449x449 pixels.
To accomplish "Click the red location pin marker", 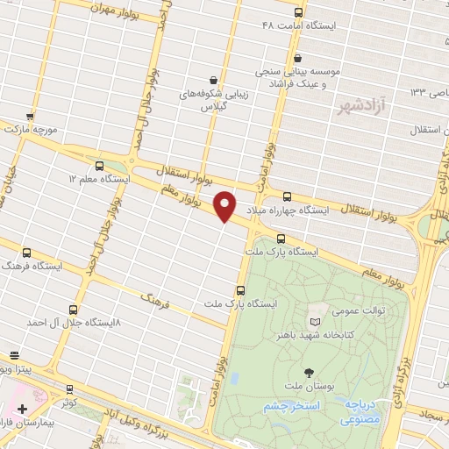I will (225, 205).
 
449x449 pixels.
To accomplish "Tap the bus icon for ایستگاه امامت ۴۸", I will (298, 12).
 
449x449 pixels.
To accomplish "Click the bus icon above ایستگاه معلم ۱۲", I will (98, 165).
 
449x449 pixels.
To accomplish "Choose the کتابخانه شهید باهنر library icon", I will (314, 323).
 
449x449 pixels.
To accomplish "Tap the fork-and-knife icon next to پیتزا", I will (14, 356).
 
